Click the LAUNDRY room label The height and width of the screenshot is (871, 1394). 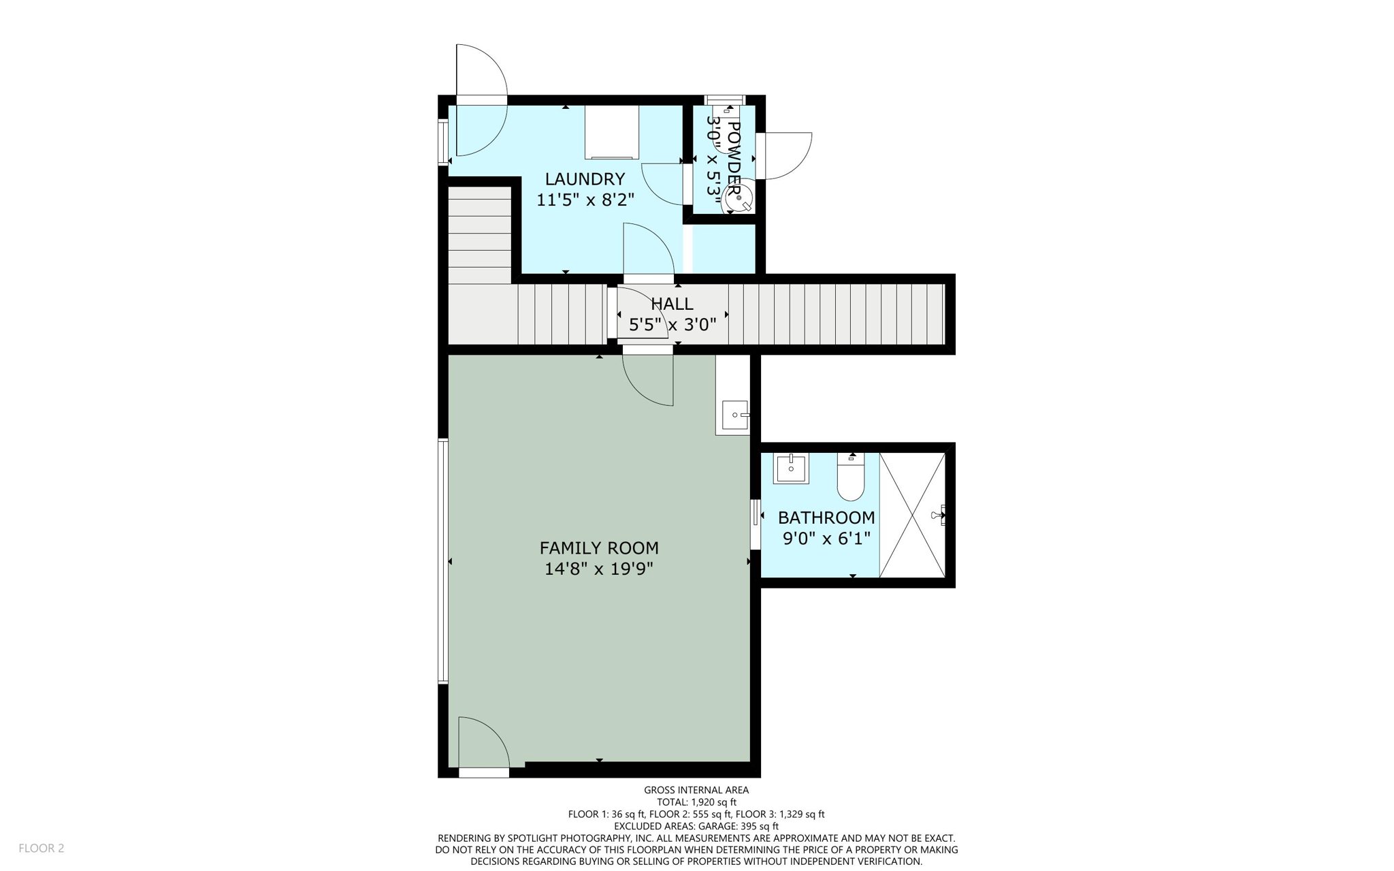coord(585,179)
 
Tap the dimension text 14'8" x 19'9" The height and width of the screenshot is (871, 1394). coord(598,569)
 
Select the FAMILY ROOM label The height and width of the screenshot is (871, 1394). coord(599,548)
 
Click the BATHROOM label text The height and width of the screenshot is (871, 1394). coord(826,518)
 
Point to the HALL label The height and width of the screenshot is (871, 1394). coord(672,304)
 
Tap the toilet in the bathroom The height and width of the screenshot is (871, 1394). coord(851,477)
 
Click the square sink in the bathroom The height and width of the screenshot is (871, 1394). coord(791,469)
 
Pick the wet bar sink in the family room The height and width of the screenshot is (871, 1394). coord(735,414)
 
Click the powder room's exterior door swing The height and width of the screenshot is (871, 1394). coord(786,155)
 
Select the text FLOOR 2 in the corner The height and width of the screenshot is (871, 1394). coord(42,848)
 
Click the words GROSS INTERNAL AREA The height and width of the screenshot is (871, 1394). coord(696,790)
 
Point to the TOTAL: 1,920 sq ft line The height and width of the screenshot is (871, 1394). coord(696,802)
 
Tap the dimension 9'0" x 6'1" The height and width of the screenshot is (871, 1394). coord(826,539)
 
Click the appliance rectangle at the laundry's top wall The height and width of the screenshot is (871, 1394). coord(612,131)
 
